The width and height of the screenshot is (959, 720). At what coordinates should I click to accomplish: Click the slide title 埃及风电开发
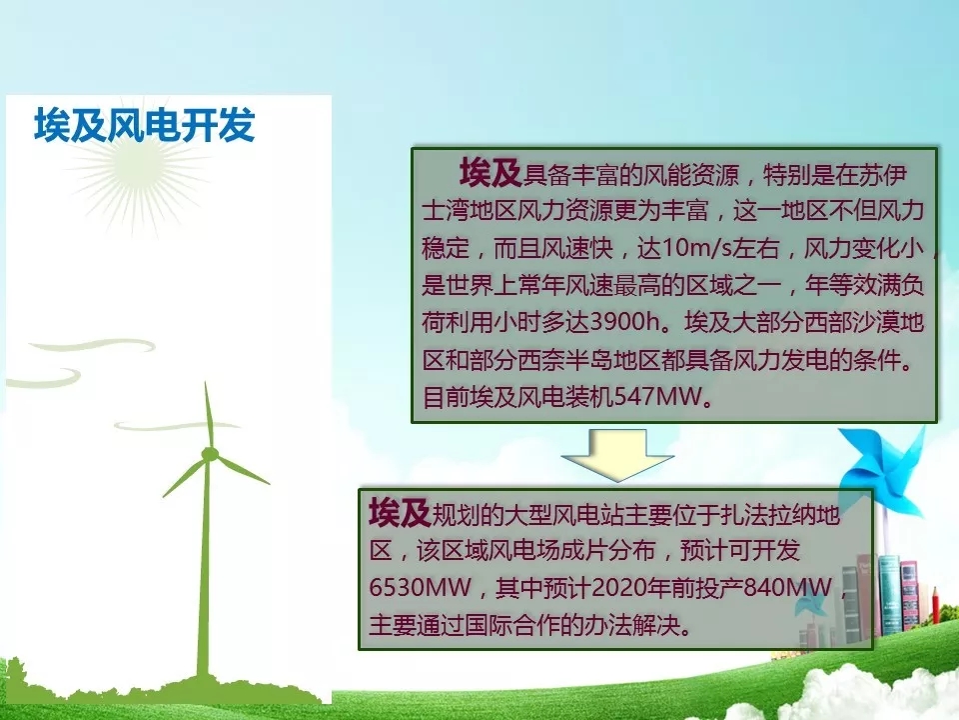pos(144,125)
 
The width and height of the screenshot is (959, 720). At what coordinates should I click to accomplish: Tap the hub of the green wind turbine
pos(210,454)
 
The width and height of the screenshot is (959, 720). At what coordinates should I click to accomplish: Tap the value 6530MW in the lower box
pos(420,588)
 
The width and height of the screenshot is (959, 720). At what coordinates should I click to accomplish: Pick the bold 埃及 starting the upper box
pos(489,172)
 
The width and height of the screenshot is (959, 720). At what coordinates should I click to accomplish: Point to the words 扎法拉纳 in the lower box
pos(767,514)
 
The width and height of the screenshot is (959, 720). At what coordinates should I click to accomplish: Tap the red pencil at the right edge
pos(935,605)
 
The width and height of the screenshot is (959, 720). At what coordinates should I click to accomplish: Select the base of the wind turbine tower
pos(203,673)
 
